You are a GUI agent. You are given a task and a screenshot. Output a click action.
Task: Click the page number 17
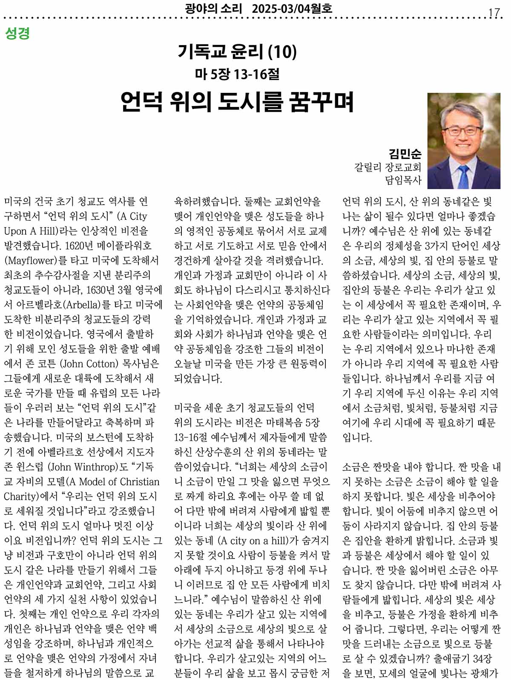[x=494, y=12]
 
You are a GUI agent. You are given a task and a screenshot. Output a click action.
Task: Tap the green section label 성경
[x=17, y=34]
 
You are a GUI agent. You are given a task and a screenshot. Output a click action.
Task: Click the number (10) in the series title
[x=282, y=52]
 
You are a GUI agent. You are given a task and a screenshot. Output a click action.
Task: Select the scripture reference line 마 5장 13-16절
[x=237, y=75]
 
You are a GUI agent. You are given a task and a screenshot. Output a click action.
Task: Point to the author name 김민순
[x=405, y=153]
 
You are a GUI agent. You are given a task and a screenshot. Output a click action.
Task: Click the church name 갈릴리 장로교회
[x=388, y=167]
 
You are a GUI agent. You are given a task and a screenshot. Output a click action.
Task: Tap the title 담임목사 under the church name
[x=403, y=180]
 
